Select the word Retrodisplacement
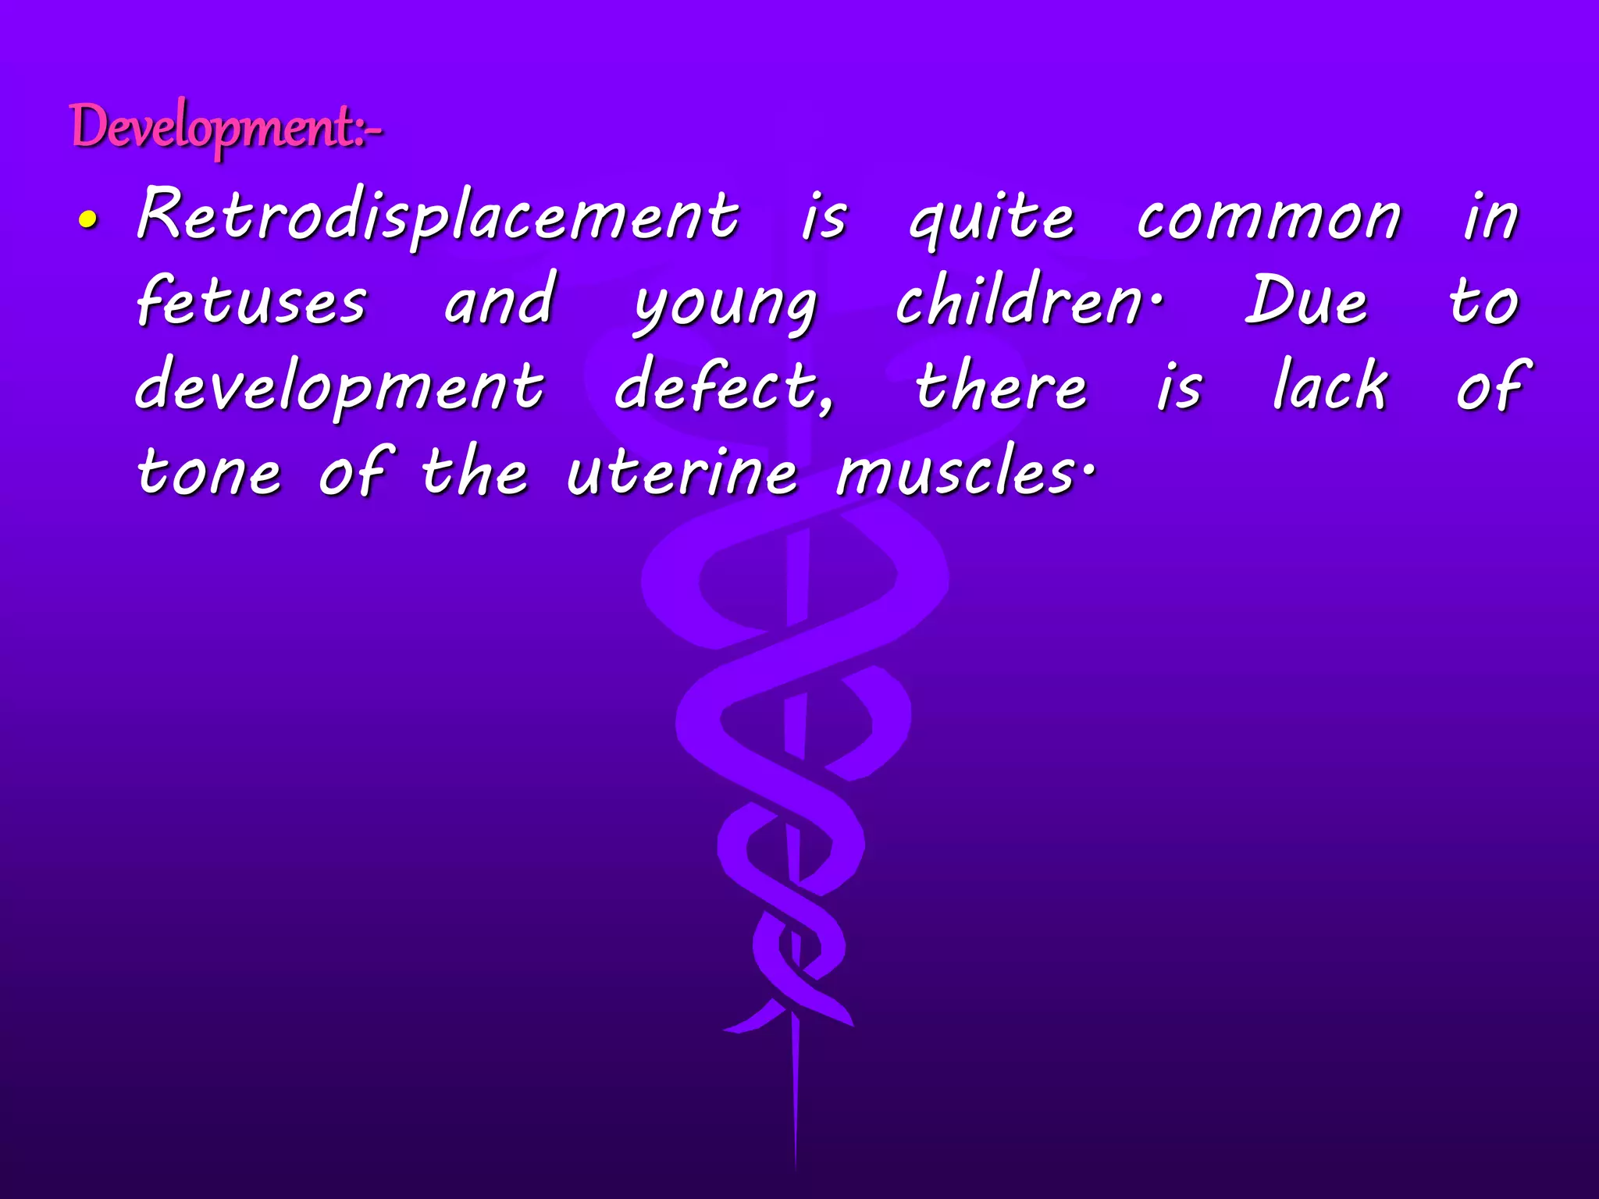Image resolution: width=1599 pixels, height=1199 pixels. (437, 216)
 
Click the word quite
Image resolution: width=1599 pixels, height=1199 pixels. (992, 219)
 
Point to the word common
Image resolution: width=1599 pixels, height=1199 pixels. (1269, 219)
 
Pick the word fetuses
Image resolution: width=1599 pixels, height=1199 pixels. (251, 301)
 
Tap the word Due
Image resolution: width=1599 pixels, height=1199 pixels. (1305, 301)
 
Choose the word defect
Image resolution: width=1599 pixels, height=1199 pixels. (722, 386)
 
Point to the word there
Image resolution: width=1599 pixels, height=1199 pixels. (1001, 386)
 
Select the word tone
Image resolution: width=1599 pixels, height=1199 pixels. (208, 472)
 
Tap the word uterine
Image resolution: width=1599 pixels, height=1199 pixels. (682, 472)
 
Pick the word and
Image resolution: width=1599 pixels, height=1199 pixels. (500, 301)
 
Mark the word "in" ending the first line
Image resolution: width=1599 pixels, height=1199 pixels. (1490, 216)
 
